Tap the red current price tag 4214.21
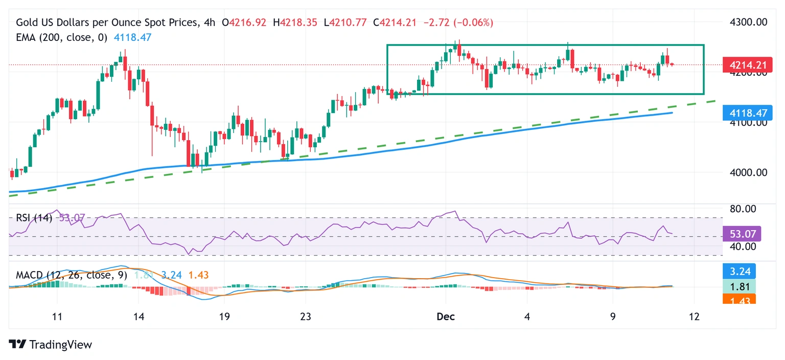point(743,65)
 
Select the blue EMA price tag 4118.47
point(743,112)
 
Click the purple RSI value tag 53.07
point(742,234)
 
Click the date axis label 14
point(138,317)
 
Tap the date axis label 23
point(305,317)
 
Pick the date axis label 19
point(224,317)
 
